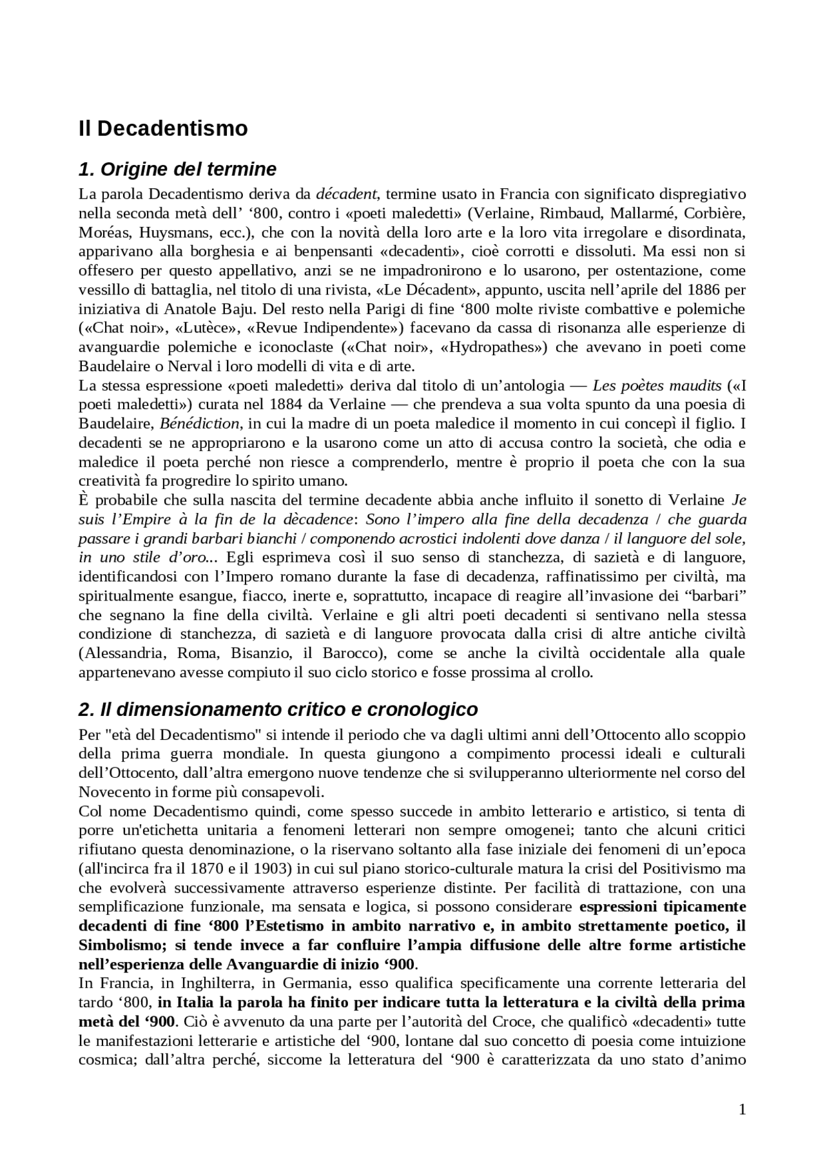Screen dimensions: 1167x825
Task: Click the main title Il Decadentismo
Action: [163, 128]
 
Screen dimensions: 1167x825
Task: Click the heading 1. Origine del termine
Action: [177, 169]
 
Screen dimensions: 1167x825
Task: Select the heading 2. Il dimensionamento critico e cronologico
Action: [278, 709]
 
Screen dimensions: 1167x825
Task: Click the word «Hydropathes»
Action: [493, 347]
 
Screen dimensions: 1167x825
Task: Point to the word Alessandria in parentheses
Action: [121, 653]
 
